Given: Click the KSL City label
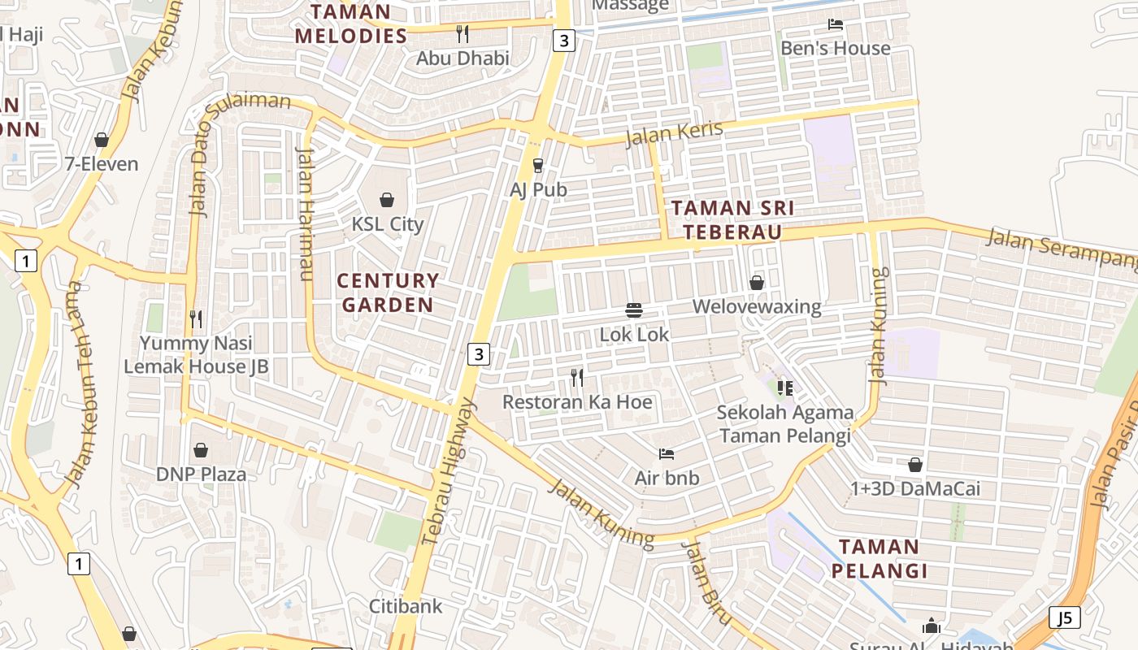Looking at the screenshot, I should [387, 223].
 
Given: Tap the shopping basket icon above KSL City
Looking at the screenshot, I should [387, 200].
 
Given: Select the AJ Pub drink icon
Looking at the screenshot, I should [537, 166].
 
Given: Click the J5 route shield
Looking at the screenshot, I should [1064, 617].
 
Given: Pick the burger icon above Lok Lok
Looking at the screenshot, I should [634, 310].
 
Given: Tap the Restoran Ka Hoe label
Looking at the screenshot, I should [577, 402].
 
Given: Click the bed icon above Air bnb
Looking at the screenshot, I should [667, 454].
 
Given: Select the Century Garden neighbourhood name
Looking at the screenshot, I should [388, 292].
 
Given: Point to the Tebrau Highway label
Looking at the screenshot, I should [447, 471].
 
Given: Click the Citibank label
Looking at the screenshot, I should [406, 606].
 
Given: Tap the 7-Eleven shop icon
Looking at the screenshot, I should [102, 141].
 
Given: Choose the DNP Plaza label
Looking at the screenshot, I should [201, 474].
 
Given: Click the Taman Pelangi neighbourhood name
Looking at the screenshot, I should [879, 558].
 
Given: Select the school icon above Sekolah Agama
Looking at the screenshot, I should [784, 388].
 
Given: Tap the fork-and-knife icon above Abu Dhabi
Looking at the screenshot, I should [463, 34].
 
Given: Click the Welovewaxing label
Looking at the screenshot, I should [757, 307].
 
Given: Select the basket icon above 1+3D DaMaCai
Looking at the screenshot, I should [915, 465].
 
